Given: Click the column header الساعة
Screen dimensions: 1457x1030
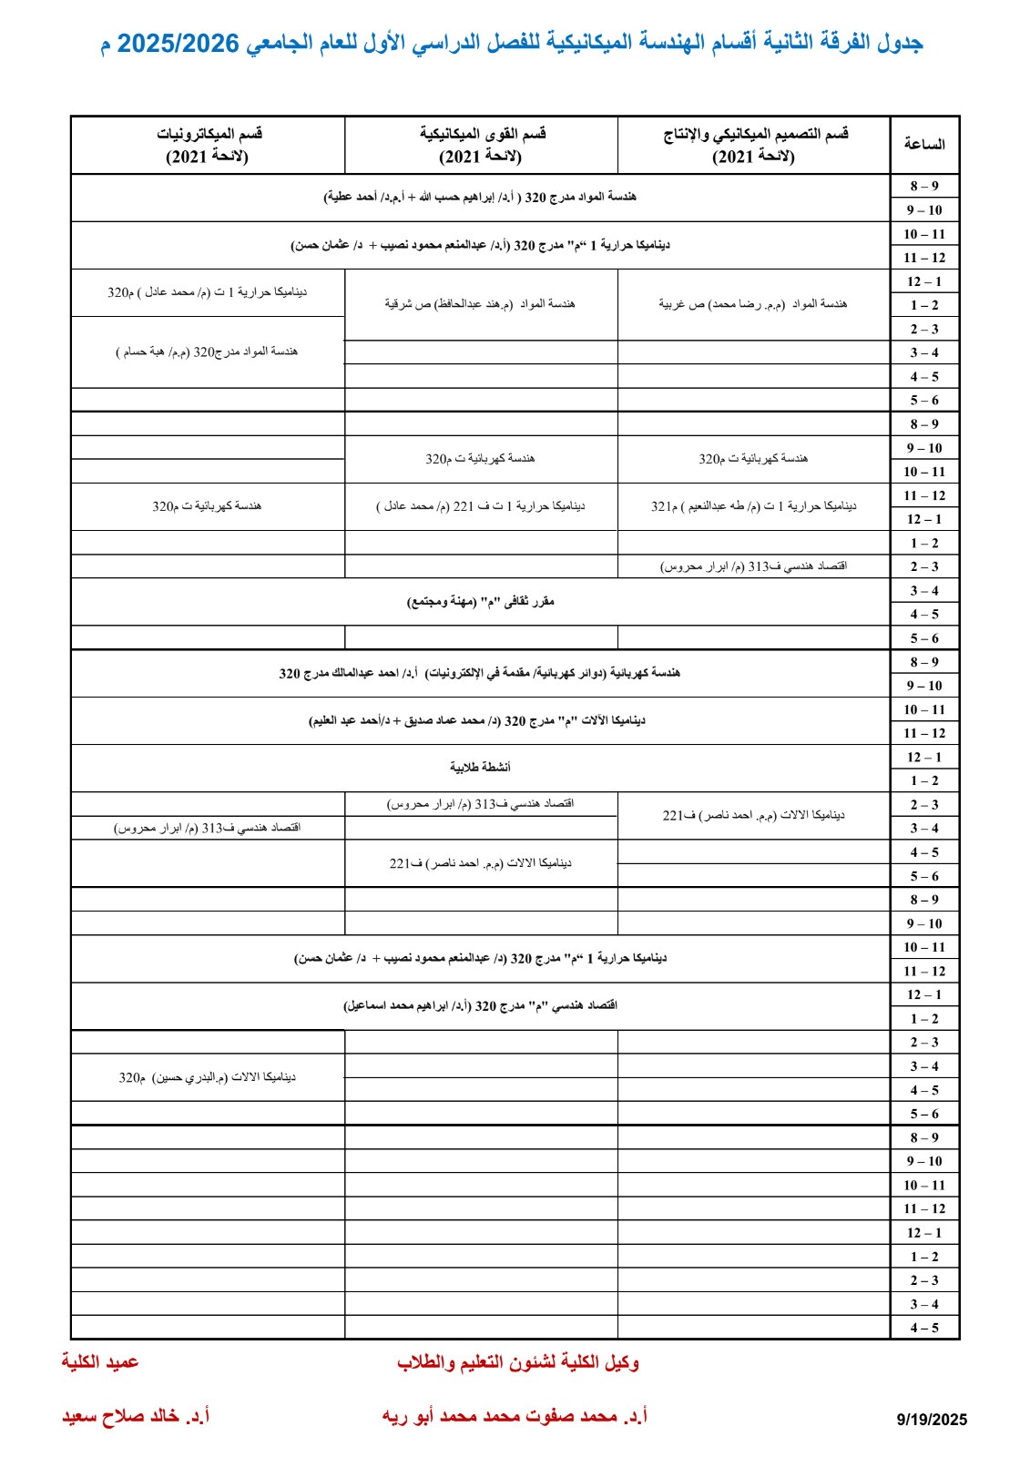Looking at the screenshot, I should [x=923, y=144].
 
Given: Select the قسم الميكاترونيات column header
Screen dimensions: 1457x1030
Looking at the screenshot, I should [x=208, y=145].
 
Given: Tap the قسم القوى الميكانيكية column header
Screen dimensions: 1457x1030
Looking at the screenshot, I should [x=481, y=145].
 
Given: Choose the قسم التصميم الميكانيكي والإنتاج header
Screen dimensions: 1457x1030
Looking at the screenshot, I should [x=753, y=145].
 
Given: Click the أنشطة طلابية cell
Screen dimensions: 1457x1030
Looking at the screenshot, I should [x=480, y=768].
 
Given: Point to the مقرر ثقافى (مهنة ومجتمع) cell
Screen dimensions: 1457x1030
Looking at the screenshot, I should [x=480, y=602].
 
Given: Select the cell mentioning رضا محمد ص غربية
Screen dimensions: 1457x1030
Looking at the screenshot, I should [x=753, y=304].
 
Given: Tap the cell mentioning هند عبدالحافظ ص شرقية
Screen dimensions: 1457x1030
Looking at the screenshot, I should [x=480, y=304].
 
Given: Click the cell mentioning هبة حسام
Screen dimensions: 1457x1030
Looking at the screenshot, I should [x=208, y=352].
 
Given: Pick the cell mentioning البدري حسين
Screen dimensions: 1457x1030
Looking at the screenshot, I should [x=208, y=1077].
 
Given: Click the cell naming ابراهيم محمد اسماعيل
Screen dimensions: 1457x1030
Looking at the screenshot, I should [x=480, y=1006].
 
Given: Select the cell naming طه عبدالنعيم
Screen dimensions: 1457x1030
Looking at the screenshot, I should [x=753, y=506].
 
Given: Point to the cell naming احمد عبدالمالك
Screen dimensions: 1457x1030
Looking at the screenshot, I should [x=480, y=673].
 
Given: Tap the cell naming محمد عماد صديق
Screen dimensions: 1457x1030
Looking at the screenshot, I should [x=480, y=720].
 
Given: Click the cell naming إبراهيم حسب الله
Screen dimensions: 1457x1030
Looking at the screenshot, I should [x=480, y=197].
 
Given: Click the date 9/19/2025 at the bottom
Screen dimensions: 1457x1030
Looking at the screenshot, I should [x=931, y=1419].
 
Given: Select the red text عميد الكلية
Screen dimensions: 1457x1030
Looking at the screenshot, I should [x=100, y=1361].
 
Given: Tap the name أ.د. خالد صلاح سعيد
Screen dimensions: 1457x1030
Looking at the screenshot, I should [x=136, y=1417].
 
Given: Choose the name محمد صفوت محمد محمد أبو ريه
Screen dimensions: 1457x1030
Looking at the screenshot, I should [x=515, y=1417].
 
